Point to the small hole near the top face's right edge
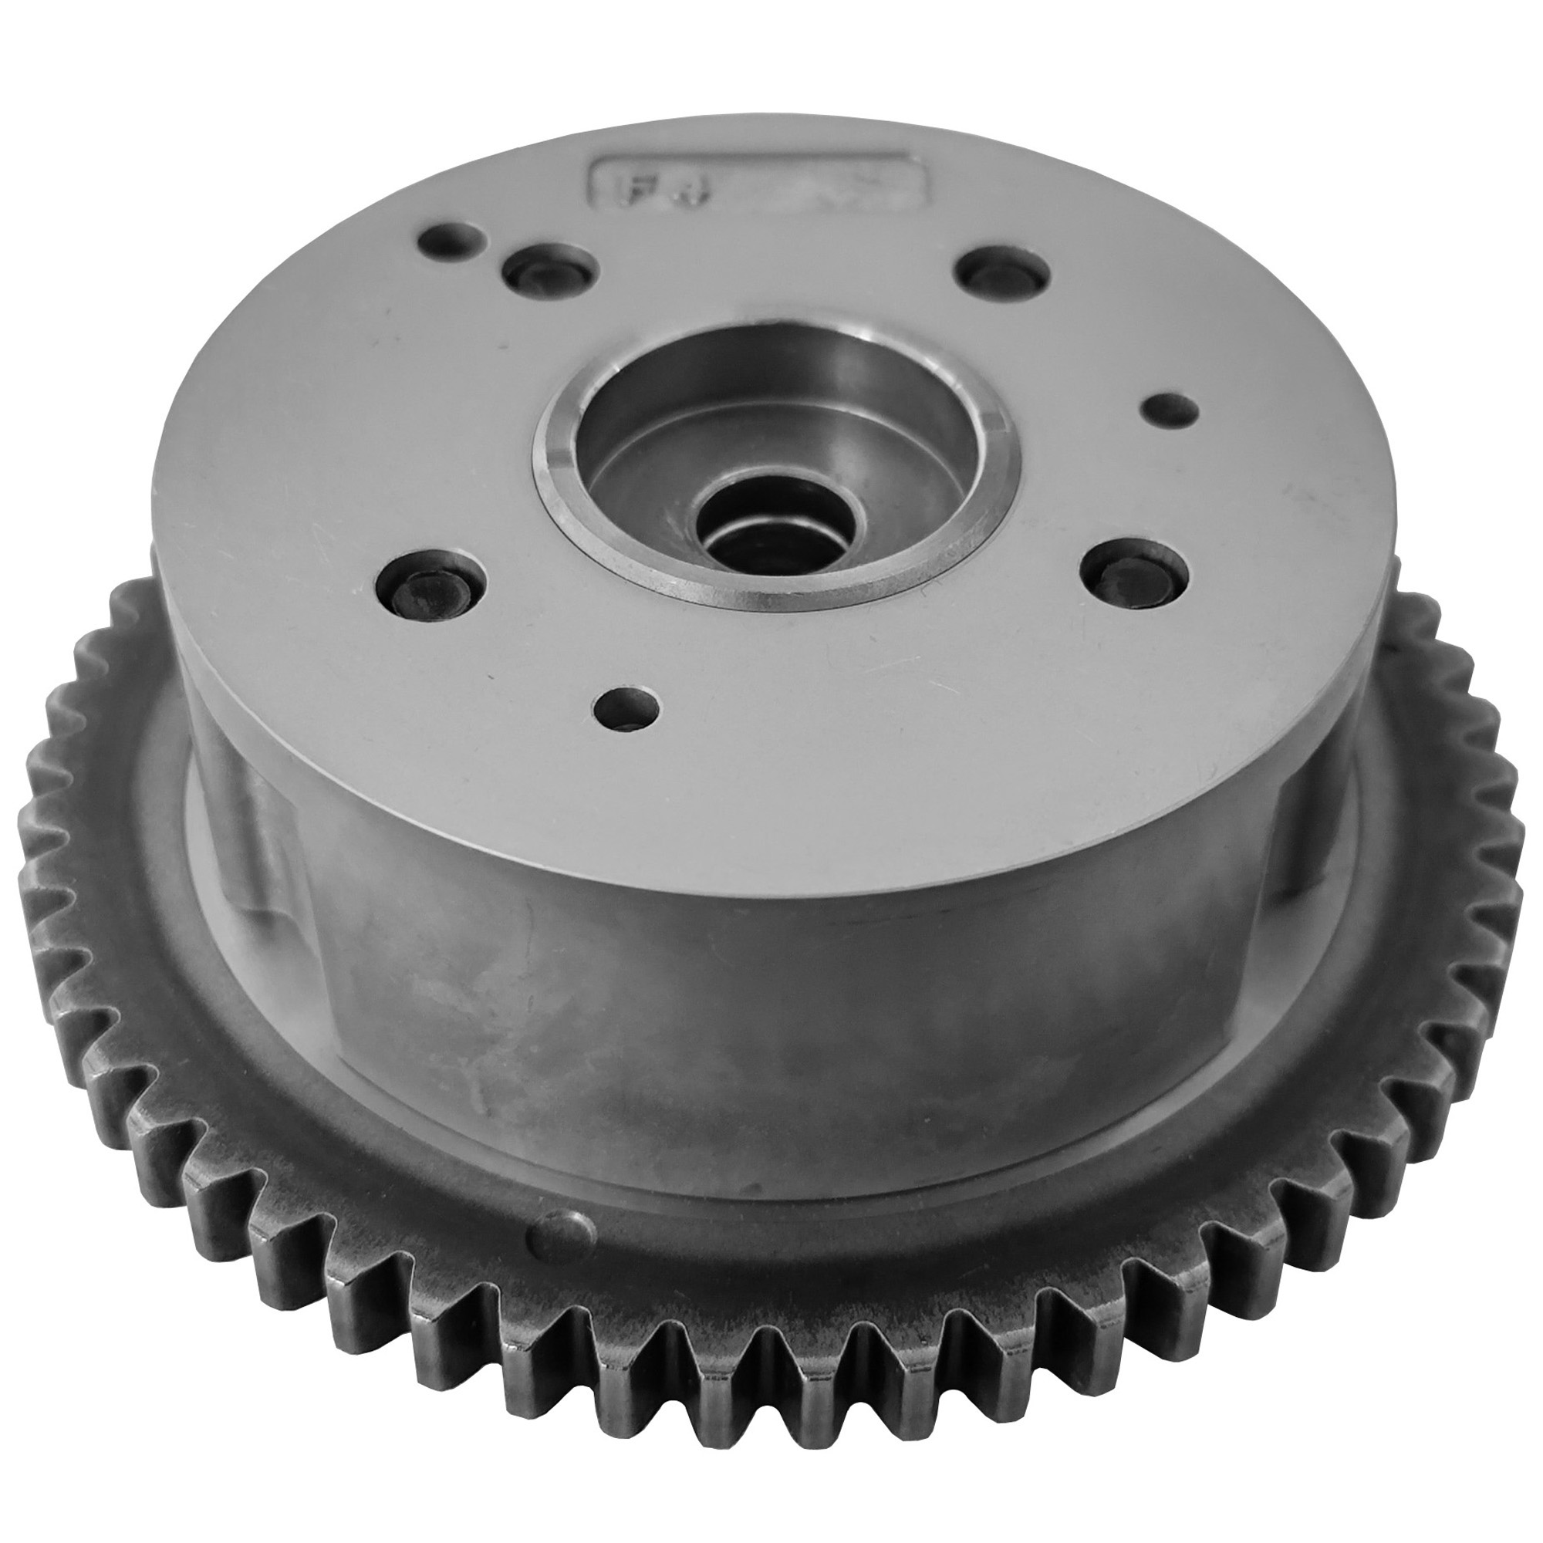[x=1171, y=408]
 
